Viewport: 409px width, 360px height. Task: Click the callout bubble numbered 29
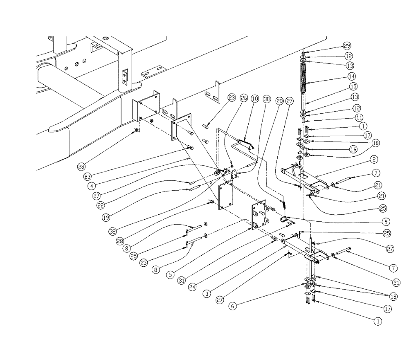347,45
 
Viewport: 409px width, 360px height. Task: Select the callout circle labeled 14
351,76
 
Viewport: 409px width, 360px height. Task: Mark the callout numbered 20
280,100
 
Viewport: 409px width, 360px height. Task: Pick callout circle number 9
384,222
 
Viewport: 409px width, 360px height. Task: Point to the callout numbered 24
193,287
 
